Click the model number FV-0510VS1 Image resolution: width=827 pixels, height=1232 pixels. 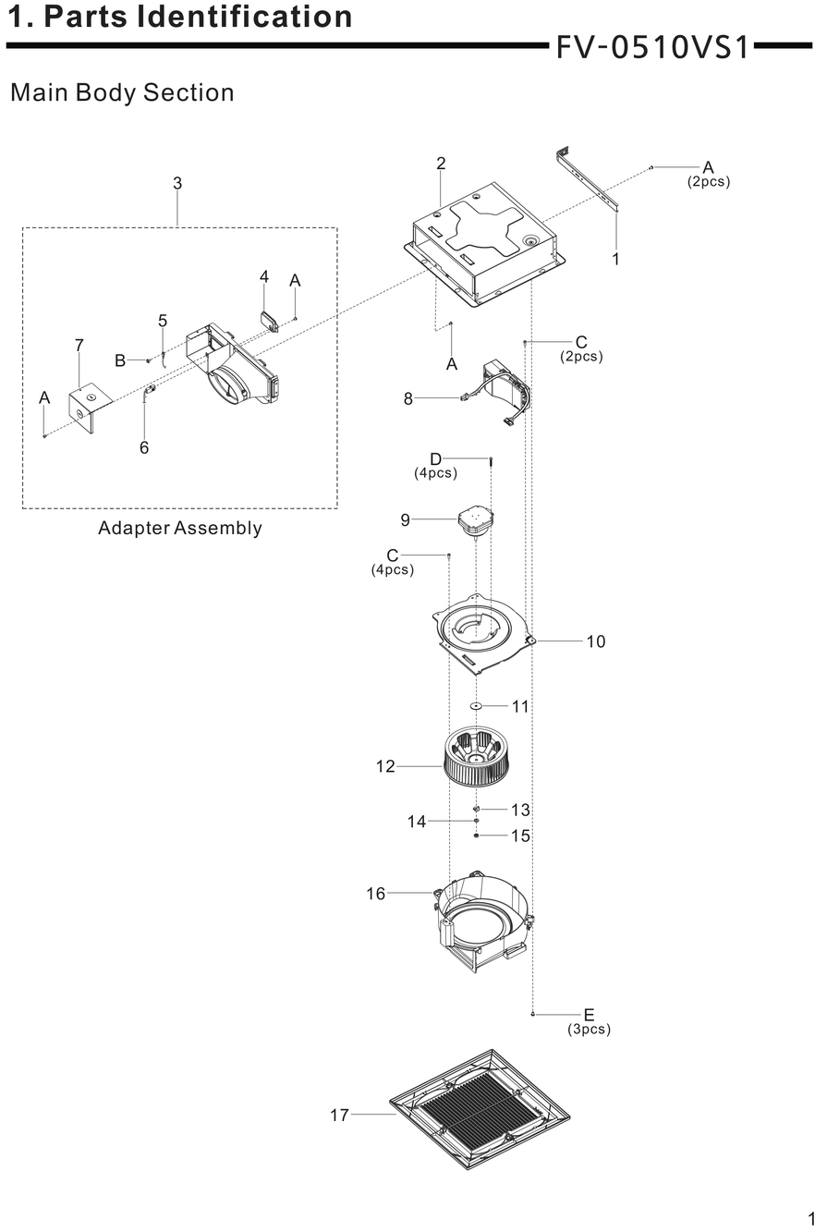click(x=652, y=47)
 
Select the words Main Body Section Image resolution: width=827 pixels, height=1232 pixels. click(x=122, y=92)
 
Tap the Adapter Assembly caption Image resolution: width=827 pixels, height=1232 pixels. click(x=180, y=528)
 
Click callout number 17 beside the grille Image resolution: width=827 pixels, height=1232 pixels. click(x=340, y=1115)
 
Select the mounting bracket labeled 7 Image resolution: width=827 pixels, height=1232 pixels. click(x=90, y=409)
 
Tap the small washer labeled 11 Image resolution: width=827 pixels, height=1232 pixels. click(x=476, y=705)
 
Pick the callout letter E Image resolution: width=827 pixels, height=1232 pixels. click(x=589, y=1014)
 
